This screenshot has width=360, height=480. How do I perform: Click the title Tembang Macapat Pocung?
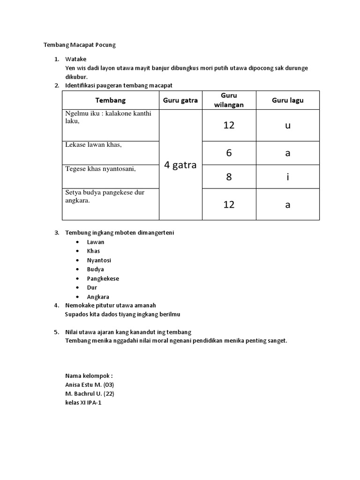coord(79,45)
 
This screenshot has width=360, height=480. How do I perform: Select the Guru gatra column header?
coord(180,100)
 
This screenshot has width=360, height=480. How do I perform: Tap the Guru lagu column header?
coord(287,100)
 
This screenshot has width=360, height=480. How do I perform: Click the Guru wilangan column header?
coord(229,100)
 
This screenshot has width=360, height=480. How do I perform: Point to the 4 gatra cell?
coord(180,165)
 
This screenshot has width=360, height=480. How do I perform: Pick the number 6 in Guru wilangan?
coord(229,153)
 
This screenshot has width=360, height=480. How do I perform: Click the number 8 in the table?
coord(229,177)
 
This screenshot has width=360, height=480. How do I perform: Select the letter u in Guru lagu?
coord(287,126)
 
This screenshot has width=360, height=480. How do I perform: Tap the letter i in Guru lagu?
coord(287,177)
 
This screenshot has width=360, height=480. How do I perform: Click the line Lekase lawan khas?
coord(93,145)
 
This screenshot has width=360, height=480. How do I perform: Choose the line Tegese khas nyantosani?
coord(100,169)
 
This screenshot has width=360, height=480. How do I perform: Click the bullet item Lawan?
coord(96,242)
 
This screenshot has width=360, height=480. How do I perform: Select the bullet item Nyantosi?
coord(99,260)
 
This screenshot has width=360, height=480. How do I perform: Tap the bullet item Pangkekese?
coord(103,278)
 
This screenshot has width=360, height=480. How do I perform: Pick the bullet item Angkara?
coord(98,297)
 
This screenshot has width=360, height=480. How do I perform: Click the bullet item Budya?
coord(96,269)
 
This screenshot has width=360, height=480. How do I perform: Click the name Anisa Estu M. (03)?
coord(90,384)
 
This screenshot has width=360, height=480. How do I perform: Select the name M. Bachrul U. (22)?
coord(90,393)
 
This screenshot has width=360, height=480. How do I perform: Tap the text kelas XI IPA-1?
coord(83,402)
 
